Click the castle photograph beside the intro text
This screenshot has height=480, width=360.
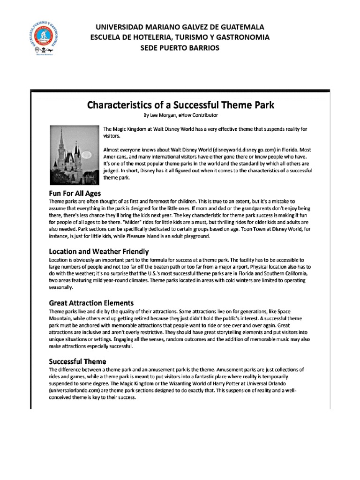coord(73,155)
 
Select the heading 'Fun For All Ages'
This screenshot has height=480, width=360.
coord(75,193)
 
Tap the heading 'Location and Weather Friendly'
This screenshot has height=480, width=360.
coord(99,251)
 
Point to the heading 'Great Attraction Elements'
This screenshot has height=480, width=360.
coord(91,303)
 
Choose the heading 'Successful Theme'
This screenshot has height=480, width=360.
coord(78,361)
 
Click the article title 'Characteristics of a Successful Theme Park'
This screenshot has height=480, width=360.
coord(180,104)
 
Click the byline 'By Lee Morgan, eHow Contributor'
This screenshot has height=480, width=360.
coord(180,115)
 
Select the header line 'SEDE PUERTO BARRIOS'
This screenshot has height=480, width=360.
coord(180,48)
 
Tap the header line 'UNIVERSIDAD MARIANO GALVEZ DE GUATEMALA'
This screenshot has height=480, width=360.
coord(180,27)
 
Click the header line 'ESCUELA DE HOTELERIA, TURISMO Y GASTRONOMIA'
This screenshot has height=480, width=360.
coord(180,37)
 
